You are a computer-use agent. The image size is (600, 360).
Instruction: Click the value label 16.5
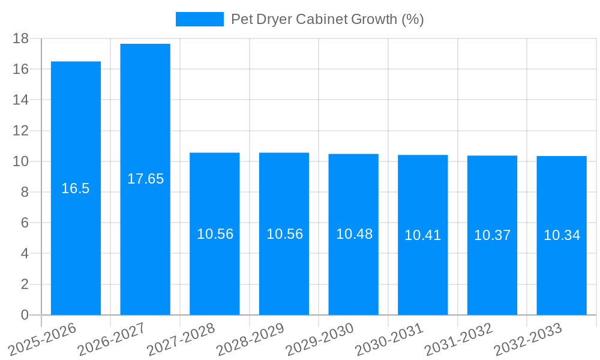76,188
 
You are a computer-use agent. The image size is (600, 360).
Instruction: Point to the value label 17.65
145,179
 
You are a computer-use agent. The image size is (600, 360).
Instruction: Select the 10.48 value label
354,234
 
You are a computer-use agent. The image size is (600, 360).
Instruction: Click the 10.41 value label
422,235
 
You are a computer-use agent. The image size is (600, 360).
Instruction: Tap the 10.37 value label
492,235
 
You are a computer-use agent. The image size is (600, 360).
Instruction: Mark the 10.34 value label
562,235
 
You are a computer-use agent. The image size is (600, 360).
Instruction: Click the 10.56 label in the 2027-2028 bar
215,234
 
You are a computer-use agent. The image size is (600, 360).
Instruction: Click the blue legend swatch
199,19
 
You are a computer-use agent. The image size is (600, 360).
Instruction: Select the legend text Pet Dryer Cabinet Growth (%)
327,19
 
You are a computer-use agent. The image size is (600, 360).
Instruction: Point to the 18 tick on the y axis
21,38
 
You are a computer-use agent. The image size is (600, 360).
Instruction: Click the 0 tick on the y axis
25,315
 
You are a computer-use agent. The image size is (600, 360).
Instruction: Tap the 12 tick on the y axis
21,131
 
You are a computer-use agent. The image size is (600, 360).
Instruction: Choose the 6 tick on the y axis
25,223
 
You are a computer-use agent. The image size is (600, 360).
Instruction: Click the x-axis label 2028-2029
250,338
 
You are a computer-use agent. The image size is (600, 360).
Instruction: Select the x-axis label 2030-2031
389,338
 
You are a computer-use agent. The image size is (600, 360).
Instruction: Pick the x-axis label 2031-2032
458,338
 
